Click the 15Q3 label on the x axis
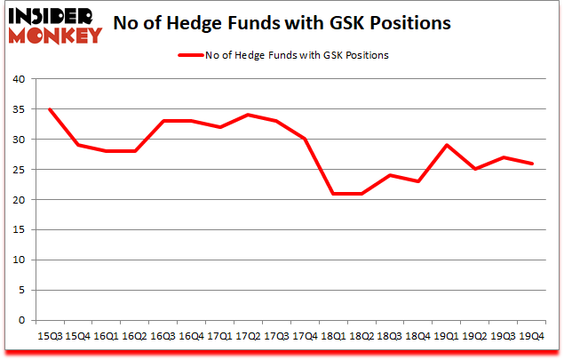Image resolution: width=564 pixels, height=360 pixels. coord(49,337)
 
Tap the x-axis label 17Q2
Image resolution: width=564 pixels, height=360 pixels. coord(248,337)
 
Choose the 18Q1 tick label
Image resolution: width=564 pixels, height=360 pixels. coord(333,337)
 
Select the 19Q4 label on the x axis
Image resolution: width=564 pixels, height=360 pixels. coord(532,337)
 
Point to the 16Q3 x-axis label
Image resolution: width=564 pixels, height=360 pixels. coord(163,337)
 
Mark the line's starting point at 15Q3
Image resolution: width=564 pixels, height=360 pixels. coord(49,109)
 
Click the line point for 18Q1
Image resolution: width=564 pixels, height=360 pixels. coord(333,194)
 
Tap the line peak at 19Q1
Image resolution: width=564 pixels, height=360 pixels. coord(447,145)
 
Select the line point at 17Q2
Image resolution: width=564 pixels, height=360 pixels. coord(248,115)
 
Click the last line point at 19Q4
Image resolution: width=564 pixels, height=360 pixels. coord(532,164)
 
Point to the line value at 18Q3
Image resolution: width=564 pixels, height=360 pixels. coord(390,175)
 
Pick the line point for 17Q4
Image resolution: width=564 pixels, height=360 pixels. coord(305,140)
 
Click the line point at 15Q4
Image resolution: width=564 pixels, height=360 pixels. coord(77,145)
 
